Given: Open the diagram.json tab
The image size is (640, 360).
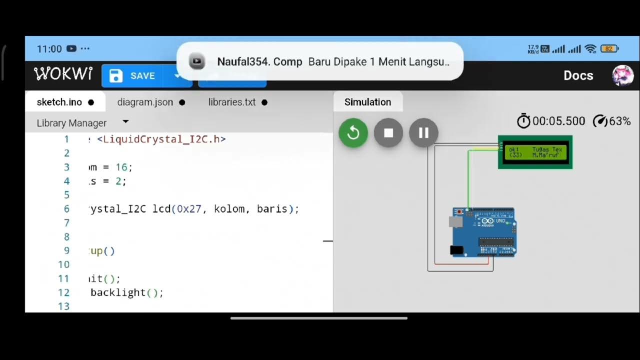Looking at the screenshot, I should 145,102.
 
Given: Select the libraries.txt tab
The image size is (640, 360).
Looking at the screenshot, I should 232,102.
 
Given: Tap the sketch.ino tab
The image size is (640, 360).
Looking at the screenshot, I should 59,102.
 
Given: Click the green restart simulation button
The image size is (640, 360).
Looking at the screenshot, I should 353,133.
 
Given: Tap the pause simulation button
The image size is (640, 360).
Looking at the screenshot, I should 423,133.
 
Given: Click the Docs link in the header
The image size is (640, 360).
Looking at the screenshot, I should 578,75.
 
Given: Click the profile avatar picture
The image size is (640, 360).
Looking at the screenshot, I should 623,75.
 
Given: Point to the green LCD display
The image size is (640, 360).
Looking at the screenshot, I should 535,152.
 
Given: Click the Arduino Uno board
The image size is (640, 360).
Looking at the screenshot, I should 484,232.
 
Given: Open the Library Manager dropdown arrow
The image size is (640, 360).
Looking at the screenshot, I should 125,122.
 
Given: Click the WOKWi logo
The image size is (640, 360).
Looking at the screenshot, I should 63,74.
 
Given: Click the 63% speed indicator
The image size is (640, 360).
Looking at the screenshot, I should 612,121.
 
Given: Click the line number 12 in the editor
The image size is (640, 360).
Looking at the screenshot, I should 63,292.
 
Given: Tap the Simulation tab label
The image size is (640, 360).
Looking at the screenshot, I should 367,102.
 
